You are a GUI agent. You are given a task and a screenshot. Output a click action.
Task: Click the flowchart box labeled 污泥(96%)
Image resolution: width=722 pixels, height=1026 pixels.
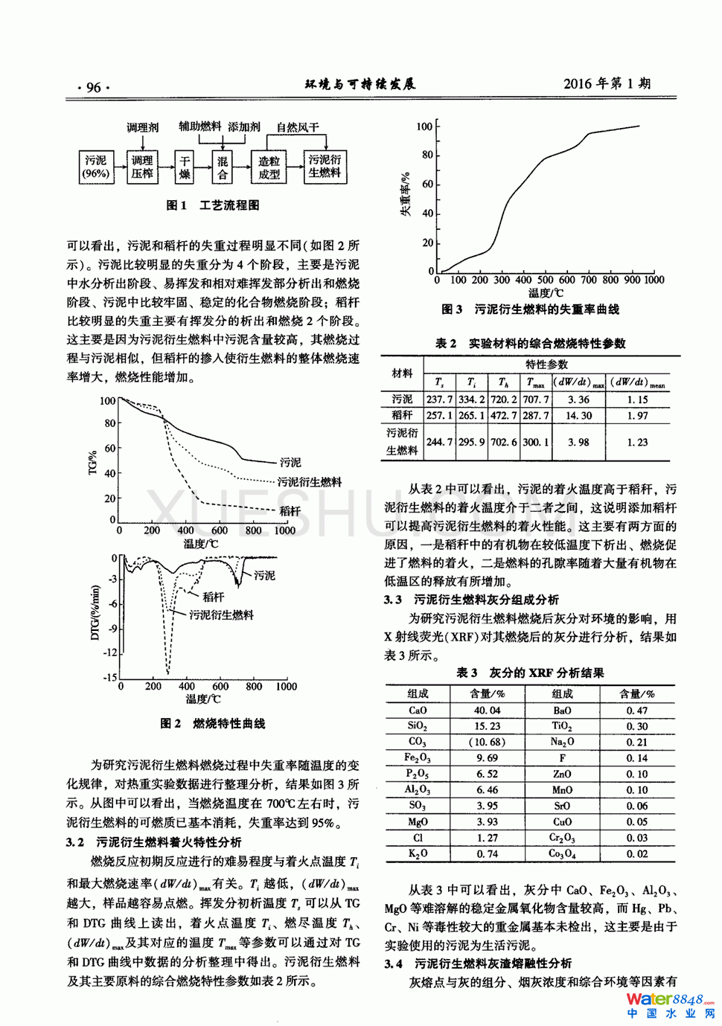point(95,167)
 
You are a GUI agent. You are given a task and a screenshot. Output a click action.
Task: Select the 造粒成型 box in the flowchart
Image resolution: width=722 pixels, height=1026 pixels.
point(269,167)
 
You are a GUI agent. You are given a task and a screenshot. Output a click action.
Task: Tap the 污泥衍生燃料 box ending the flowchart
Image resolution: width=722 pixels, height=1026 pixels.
point(325,167)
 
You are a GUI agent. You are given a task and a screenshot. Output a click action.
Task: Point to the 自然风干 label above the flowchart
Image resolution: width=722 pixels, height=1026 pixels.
point(298,128)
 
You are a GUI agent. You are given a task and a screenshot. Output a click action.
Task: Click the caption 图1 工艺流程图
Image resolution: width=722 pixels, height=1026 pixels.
point(213,205)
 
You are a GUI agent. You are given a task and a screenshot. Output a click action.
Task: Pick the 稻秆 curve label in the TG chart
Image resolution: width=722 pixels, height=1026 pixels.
point(290,511)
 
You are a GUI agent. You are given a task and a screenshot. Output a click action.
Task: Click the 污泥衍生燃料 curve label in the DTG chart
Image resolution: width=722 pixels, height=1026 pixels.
point(221,615)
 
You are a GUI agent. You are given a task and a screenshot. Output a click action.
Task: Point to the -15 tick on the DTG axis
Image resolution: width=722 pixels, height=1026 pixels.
point(109,677)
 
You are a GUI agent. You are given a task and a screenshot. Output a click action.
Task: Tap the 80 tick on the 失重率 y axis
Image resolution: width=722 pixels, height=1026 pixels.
point(427,155)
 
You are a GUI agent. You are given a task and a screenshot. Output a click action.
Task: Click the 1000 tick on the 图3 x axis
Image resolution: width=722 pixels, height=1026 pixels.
point(654,280)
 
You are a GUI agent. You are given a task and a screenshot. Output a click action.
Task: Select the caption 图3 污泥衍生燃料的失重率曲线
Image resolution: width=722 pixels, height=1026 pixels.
point(530,309)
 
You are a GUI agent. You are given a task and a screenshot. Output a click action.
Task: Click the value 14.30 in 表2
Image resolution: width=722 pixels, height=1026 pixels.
point(578,416)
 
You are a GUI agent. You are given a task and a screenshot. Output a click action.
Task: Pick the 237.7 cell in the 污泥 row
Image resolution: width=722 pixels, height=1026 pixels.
point(439,400)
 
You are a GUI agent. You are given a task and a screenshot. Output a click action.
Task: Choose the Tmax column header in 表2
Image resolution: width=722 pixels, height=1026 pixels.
point(536,383)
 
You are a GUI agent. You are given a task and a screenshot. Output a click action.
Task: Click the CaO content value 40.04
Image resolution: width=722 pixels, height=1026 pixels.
point(487,711)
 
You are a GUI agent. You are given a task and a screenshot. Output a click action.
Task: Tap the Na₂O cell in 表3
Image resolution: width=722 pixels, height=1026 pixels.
point(562,742)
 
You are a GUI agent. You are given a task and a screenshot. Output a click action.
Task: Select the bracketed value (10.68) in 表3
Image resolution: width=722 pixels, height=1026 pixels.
point(487,742)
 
